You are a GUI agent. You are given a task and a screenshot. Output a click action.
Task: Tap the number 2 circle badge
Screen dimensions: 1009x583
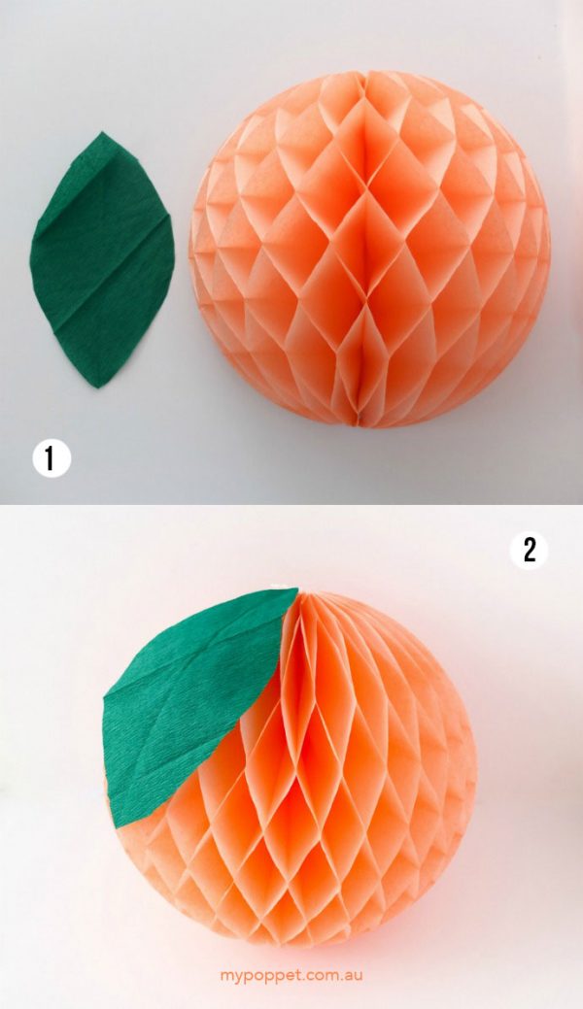529,551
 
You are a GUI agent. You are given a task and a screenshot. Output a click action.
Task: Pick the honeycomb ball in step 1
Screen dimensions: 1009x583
369,248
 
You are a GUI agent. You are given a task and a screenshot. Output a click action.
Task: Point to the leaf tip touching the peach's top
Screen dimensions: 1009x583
294,589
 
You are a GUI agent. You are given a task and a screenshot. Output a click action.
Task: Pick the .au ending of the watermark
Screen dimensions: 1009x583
351,973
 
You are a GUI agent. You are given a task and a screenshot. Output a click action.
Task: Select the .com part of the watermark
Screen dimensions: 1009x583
317,973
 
